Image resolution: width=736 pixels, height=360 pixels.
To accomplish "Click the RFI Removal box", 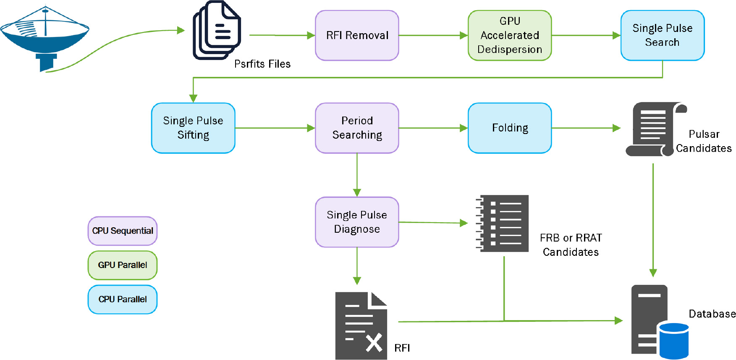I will [x=357, y=36].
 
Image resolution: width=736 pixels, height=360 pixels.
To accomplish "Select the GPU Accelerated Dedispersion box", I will [x=509, y=36].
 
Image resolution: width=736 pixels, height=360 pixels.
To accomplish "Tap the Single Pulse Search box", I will [x=662, y=36].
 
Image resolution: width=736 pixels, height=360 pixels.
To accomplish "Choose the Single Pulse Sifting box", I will [x=193, y=128].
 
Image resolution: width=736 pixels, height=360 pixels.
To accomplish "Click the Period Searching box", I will [x=357, y=128].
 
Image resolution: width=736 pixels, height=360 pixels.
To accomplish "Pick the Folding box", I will [x=509, y=128].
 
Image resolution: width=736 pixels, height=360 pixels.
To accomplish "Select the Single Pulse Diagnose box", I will [x=357, y=222].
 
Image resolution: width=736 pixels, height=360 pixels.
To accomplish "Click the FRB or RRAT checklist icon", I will [x=503, y=223].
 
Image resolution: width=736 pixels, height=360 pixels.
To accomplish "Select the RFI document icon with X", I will [x=361, y=326].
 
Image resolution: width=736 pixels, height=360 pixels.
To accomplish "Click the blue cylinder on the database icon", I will [x=674, y=340].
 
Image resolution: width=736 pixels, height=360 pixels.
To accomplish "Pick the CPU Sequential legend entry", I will [x=123, y=231].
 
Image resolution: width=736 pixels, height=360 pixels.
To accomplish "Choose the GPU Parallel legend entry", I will [x=123, y=265].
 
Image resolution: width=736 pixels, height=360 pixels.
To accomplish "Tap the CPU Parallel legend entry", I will [x=123, y=300].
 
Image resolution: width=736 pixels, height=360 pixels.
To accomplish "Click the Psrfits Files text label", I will [x=262, y=64].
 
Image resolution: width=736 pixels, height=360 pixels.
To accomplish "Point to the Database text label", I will [x=712, y=314].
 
